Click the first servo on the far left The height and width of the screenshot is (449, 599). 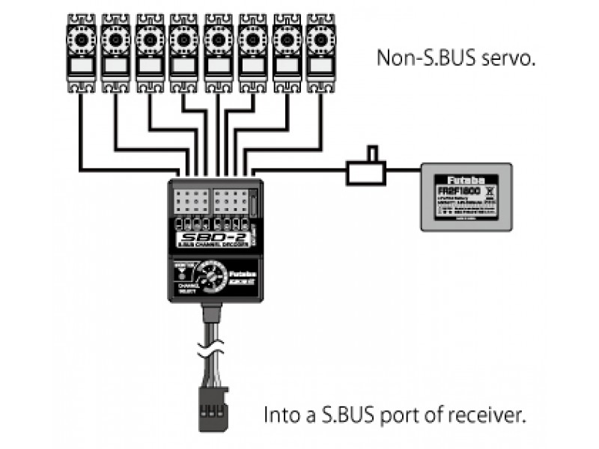(81, 52)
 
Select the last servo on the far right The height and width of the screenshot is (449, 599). (320, 52)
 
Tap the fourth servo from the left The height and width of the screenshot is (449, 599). (183, 52)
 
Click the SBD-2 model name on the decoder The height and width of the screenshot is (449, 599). (201, 240)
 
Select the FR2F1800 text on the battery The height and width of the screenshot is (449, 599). (458, 192)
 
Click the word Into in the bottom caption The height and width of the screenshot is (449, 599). (279, 415)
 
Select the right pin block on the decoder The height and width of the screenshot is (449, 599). (231, 201)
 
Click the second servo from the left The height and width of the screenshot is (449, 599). (115, 52)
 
